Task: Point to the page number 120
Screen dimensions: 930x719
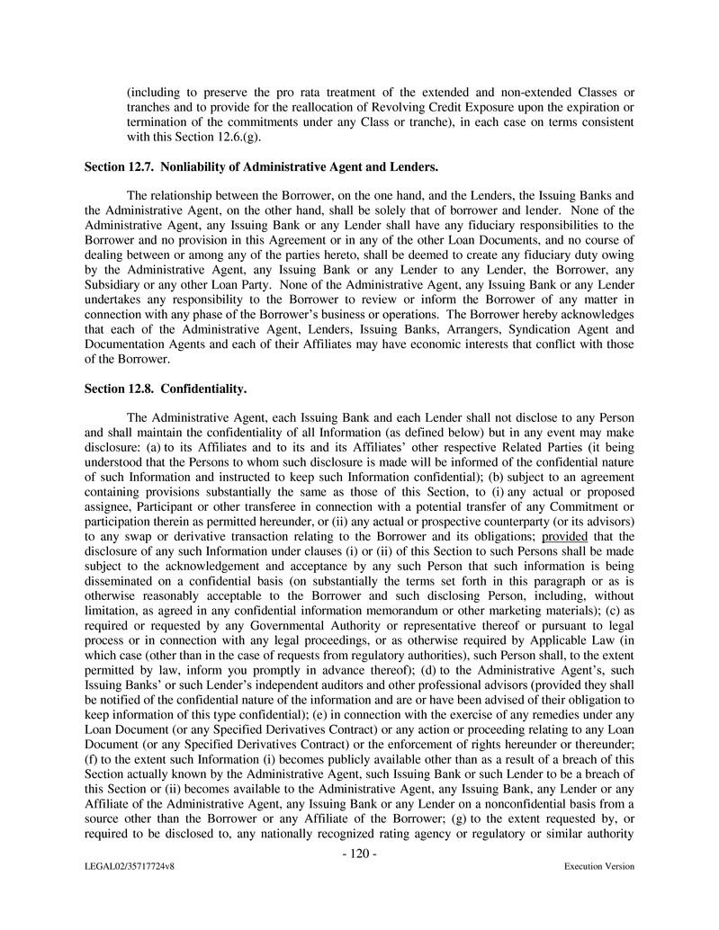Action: click(x=359, y=854)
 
